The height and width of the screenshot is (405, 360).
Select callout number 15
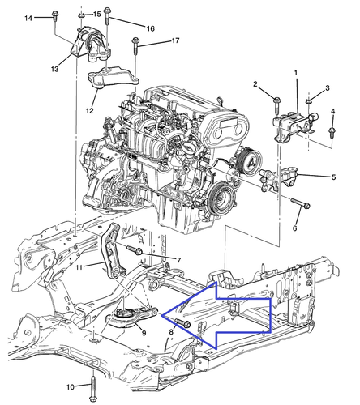tap(97, 15)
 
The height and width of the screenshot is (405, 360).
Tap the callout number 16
tap(150, 28)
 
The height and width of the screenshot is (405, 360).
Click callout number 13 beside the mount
tap(54, 70)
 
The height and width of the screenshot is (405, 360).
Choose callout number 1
tap(296, 74)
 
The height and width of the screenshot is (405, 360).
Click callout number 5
tap(332, 177)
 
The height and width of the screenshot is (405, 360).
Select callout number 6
tap(295, 229)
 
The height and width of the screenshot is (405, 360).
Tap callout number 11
tap(79, 265)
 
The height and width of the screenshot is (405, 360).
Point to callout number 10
tap(70, 386)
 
